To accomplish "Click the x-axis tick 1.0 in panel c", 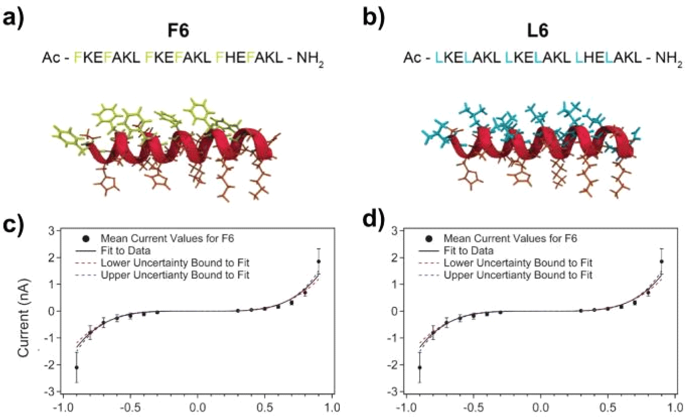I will pyautogui.click(x=332, y=405).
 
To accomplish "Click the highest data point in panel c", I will pyautogui.click(x=319, y=261).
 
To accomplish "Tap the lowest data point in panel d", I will pyautogui.click(x=420, y=368).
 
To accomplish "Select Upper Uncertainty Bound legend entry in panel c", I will pyautogui.click(x=161, y=275).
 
